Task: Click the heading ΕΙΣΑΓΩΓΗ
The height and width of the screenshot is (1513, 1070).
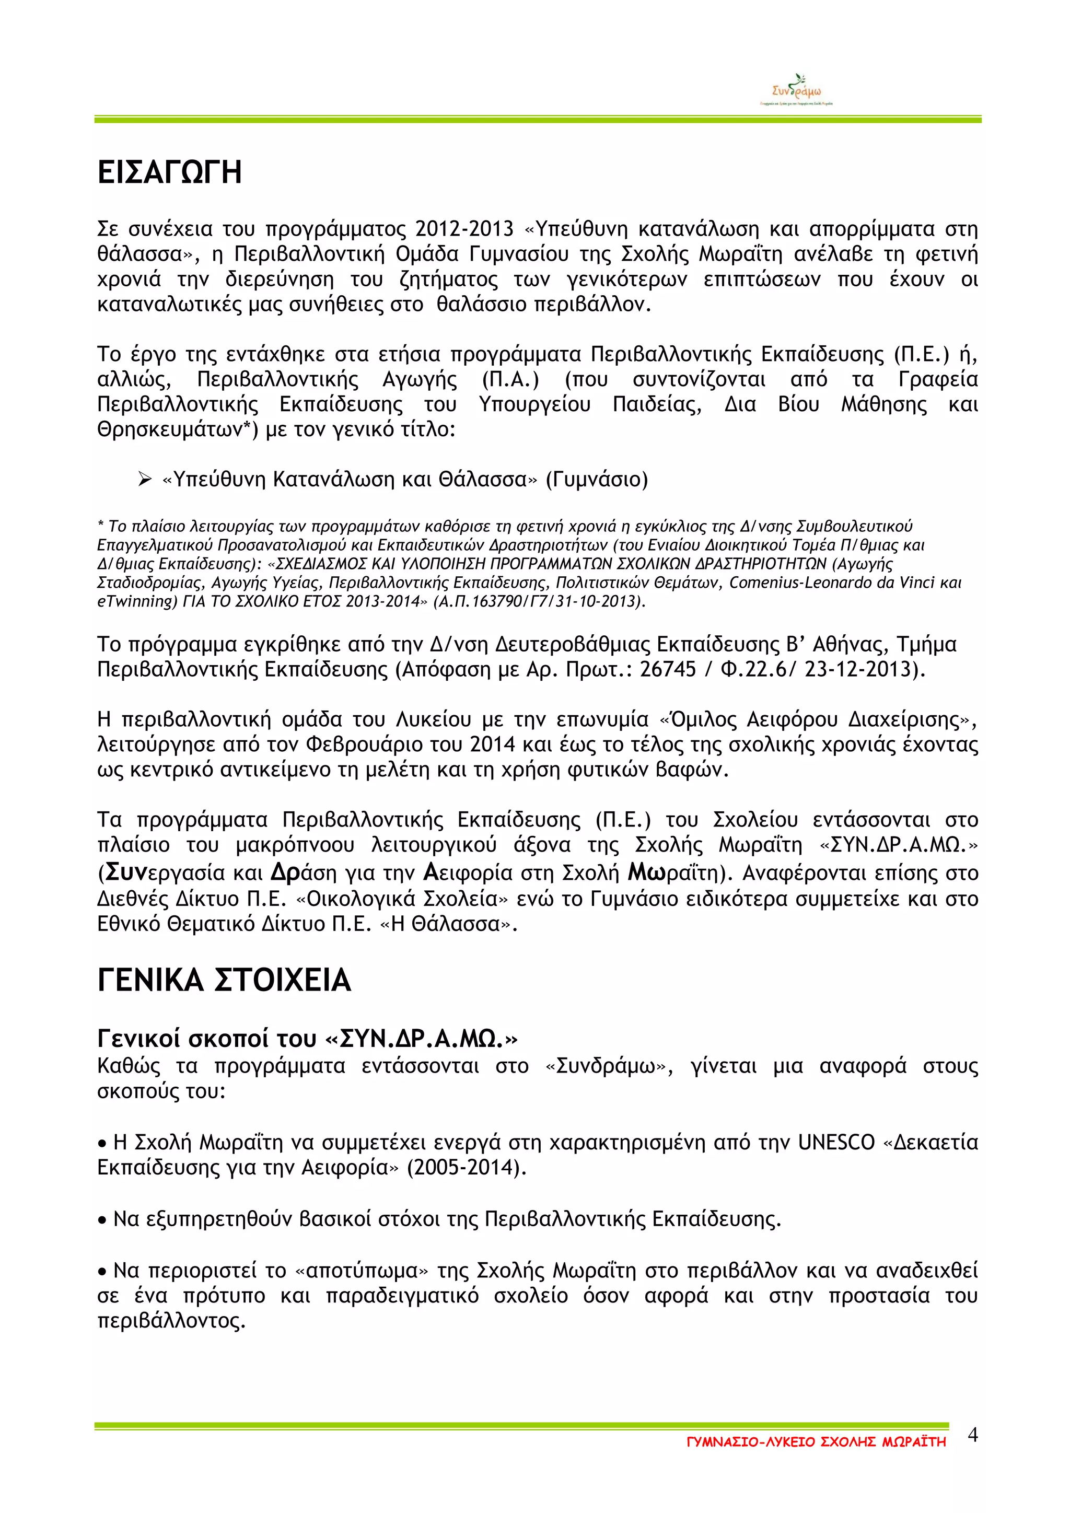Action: [169, 172]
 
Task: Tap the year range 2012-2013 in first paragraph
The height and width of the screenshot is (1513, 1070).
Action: [464, 229]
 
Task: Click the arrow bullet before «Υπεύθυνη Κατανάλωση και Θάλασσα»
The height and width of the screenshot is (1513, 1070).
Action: [145, 479]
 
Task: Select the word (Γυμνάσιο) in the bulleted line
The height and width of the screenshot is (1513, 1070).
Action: [597, 479]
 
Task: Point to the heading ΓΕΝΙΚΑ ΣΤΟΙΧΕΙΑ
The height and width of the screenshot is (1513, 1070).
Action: [224, 980]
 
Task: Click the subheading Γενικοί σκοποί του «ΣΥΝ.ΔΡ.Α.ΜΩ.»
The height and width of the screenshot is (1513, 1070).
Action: [308, 1039]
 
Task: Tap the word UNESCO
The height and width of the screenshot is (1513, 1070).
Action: [836, 1142]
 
